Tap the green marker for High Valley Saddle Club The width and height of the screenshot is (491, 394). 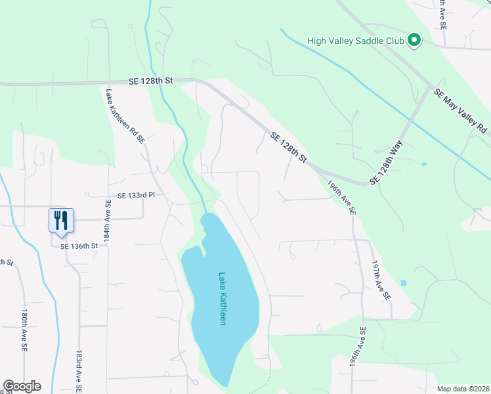414,41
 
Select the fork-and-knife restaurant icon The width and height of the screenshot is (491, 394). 62,220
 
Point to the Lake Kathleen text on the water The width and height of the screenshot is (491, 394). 223,299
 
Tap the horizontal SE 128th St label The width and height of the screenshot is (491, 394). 150,80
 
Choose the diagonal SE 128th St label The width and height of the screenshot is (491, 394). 288,147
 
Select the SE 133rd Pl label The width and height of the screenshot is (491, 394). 136,196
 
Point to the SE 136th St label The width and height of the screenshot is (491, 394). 79,246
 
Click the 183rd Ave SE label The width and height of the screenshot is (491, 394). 78,370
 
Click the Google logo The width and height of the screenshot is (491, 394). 22,386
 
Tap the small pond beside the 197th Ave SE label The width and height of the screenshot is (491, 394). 402,283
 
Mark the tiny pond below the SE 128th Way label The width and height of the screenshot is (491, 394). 423,164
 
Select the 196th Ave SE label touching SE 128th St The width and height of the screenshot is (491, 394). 342,200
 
